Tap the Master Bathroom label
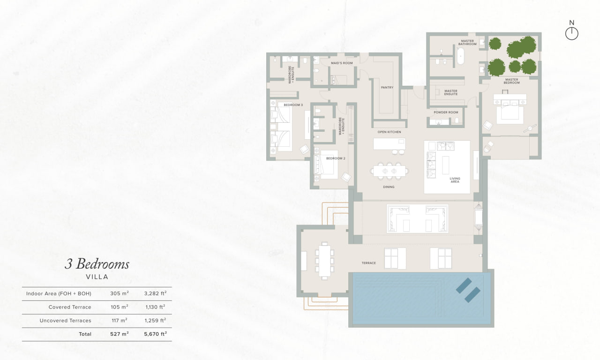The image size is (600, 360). tap(467, 43)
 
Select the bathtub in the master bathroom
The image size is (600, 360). tap(460, 56)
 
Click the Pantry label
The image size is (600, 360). tap(387, 88)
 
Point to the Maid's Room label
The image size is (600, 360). tap(342, 63)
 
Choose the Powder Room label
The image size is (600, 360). tap(446, 112)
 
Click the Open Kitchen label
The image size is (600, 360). tap(389, 132)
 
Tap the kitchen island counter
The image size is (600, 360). tap(389, 144)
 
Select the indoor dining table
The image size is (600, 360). tap(389, 171)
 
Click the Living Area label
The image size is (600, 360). tap(455, 180)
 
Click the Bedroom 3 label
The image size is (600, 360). tap(293, 105)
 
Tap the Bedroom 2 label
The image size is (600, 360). tap(336, 158)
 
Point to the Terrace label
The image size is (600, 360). tap(368, 263)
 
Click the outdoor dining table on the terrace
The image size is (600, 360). tap(324, 261)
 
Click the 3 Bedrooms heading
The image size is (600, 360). tap(97, 264)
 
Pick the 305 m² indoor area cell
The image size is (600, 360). tap(120, 293)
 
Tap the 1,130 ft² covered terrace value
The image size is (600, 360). tap(155, 307)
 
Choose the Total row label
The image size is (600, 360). tap(85, 334)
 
